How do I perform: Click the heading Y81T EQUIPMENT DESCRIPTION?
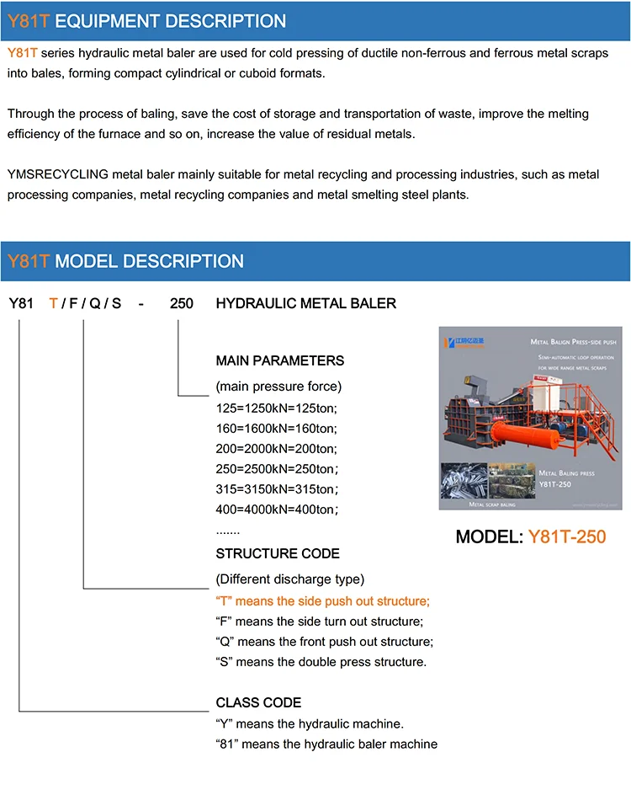(x=146, y=21)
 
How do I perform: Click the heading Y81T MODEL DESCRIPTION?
(x=125, y=261)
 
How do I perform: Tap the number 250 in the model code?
(x=182, y=303)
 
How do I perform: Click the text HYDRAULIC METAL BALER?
(x=306, y=303)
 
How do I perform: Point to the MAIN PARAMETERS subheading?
(x=280, y=360)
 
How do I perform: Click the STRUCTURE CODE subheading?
(x=278, y=554)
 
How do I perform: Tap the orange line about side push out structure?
(x=323, y=601)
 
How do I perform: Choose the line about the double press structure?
(x=321, y=662)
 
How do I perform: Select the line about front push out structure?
(x=325, y=642)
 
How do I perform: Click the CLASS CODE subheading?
(x=258, y=702)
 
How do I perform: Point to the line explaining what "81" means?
(x=326, y=744)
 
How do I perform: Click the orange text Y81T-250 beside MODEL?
(x=567, y=536)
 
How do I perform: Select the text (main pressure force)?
(x=279, y=387)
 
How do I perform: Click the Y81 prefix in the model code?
(x=21, y=303)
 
